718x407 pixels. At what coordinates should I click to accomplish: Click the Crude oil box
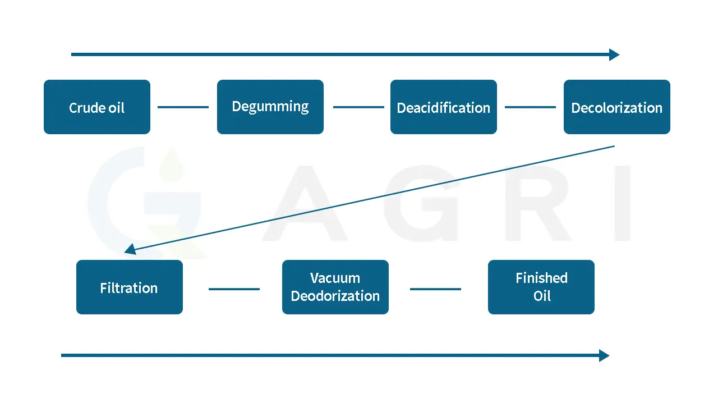pyautogui.click(x=97, y=107)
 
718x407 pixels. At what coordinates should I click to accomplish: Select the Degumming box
pyautogui.click(x=270, y=107)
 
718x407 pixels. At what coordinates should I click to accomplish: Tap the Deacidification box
pyautogui.click(x=444, y=107)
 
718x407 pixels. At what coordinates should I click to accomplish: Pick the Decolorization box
pyautogui.click(x=616, y=107)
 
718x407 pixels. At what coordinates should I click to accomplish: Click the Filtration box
pyautogui.click(x=129, y=287)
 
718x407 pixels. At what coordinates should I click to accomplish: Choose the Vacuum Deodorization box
pyautogui.click(x=335, y=287)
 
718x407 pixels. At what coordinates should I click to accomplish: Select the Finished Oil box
pyautogui.click(x=541, y=287)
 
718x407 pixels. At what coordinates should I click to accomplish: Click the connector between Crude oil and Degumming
pyautogui.click(x=183, y=107)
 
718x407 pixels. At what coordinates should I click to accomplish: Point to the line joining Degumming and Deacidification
pyautogui.click(x=358, y=107)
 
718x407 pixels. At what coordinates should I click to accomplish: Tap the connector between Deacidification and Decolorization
pyautogui.click(x=530, y=107)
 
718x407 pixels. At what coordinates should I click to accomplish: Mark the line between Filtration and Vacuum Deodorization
pyautogui.click(x=234, y=289)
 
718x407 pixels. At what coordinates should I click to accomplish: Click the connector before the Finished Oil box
pyautogui.click(x=435, y=289)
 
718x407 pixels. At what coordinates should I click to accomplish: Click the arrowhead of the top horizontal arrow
pyautogui.click(x=615, y=54)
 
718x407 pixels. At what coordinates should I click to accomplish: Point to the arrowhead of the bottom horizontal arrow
pyautogui.click(x=605, y=355)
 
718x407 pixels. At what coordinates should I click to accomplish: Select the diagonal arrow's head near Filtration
pyautogui.click(x=130, y=249)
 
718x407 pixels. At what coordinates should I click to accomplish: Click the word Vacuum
pyautogui.click(x=335, y=278)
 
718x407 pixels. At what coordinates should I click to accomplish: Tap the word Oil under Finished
pyautogui.click(x=542, y=296)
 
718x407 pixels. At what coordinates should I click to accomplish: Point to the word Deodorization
pyautogui.click(x=335, y=296)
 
